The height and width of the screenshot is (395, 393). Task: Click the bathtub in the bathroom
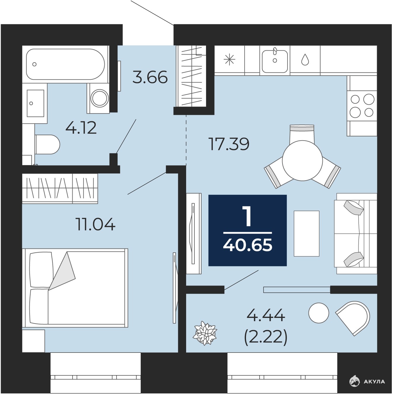[x=65, y=64]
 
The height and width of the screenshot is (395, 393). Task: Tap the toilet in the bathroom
[x=47, y=144]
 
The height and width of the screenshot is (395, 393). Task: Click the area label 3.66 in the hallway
[x=150, y=77]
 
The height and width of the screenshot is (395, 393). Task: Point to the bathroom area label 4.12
[x=81, y=128]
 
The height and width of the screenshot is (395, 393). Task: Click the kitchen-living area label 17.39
[x=229, y=144]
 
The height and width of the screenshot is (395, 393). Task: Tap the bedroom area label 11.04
[x=95, y=224]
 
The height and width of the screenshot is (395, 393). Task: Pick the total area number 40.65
[x=247, y=246]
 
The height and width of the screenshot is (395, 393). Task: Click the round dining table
[x=302, y=160]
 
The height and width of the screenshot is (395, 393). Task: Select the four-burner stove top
[x=362, y=106]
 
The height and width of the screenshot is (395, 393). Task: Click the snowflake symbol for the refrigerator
[x=229, y=60]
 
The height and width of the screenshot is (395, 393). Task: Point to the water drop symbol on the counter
[x=305, y=60]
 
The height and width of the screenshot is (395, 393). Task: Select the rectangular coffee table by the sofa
[x=306, y=233]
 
